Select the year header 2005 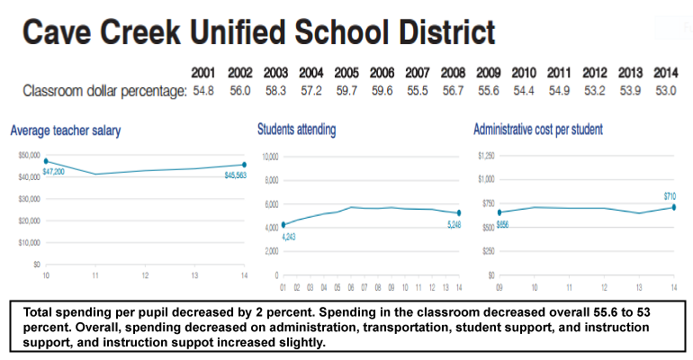click(x=346, y=73)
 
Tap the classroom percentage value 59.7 click(x=346, y=91)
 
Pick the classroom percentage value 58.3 click(x=275, y=91)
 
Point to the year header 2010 click(x=524, y=73)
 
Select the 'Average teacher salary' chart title click(x=66, y=130)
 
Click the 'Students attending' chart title click(x=296, y=130)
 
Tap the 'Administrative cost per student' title click(x=538, y=130)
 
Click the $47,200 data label click(x=54, y=171)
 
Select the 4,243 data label click(x=289, y=237)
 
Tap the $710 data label click(x=670, y=196)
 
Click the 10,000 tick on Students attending click(x=269, y=156)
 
